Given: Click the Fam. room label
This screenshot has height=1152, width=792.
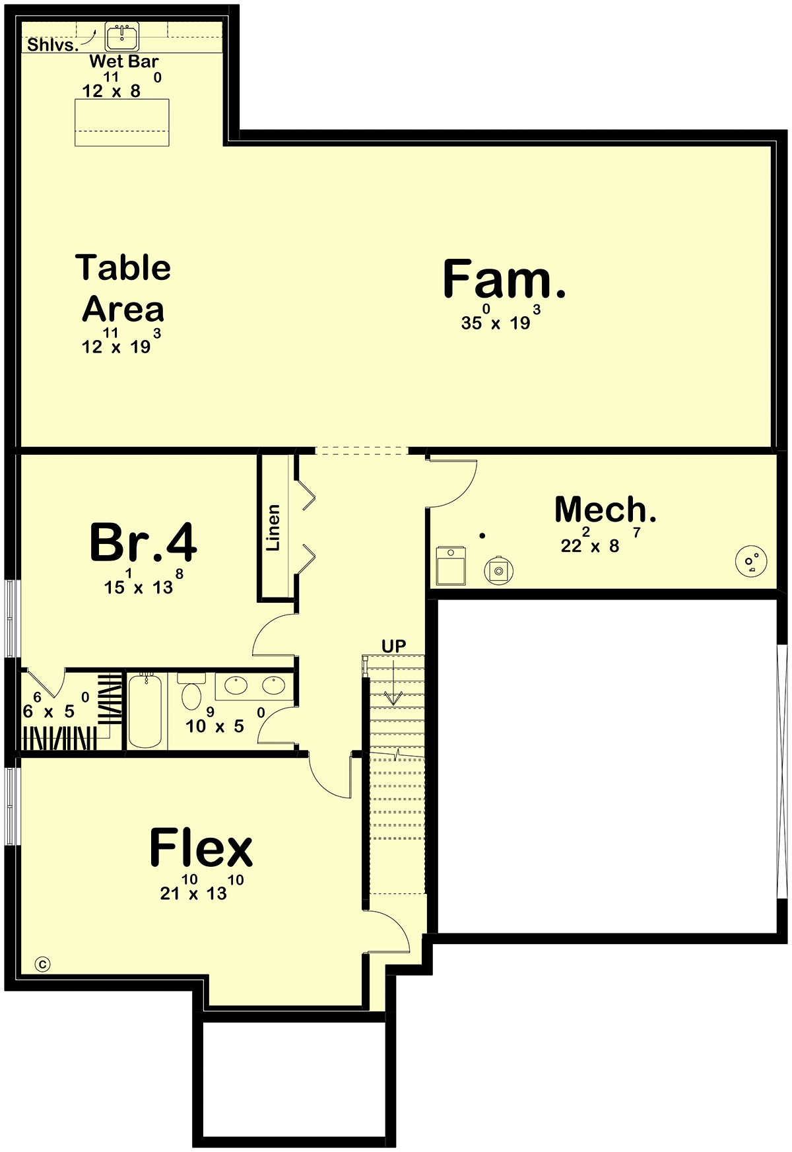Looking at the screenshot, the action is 504,279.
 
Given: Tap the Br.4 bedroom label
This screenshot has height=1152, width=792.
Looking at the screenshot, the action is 143,543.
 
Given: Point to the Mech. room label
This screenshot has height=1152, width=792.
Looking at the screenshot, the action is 605,509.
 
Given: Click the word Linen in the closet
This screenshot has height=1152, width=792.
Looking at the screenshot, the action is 273,527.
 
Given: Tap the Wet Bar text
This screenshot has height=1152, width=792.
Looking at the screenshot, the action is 124,61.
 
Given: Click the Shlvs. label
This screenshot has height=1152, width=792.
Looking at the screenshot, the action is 53,46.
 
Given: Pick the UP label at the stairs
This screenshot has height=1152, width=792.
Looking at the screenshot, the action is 394,646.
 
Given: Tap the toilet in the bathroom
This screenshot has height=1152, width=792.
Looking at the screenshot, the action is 191,690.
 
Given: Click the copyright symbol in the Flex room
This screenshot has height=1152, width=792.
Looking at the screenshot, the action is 43,965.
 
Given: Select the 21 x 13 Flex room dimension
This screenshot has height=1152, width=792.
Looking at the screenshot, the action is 202,887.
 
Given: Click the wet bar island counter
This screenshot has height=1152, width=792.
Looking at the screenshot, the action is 122,122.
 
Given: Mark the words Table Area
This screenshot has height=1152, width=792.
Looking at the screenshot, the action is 123,288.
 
